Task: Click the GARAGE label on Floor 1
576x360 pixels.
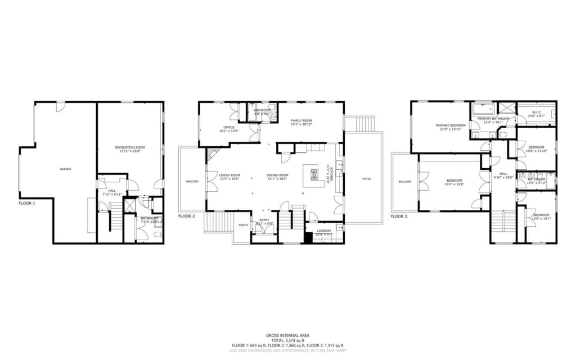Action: tap(66, 169)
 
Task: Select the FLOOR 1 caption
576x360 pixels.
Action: tap(27, 202)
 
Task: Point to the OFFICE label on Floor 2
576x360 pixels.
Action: tap(228, 127)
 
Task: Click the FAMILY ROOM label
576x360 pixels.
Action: tap(301, 120)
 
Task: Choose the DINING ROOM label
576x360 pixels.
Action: tap(277, 175)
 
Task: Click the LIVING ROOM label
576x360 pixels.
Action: tap(229, 175)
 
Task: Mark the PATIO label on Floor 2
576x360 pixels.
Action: tap(366, 179)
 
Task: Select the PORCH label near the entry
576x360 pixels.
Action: tap(243, 225)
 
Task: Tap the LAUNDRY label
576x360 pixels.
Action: tap(323, 230)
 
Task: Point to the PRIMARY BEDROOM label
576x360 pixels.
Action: tap(451, 125)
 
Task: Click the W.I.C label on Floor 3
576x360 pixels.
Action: tap(537, 112)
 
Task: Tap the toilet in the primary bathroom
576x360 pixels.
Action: tap(504, 134)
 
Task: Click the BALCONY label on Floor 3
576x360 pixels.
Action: tap(405, 182)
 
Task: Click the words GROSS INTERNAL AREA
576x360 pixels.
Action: tap(287, 335)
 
